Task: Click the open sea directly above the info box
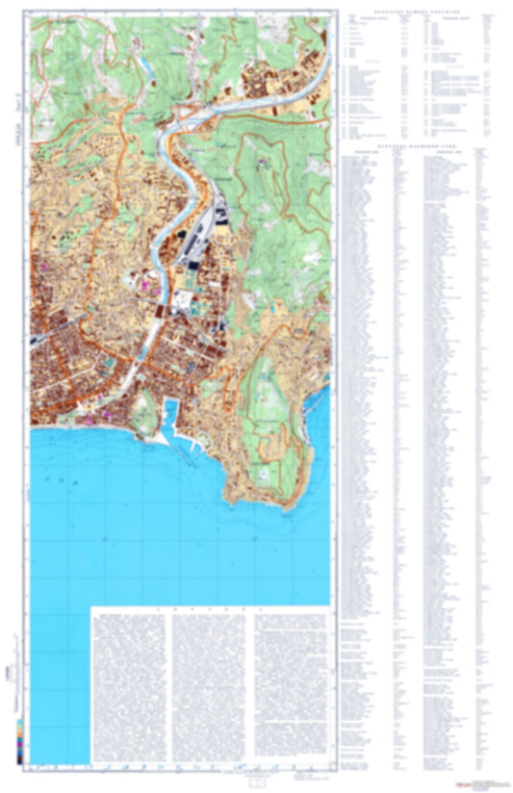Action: pos(192,568)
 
